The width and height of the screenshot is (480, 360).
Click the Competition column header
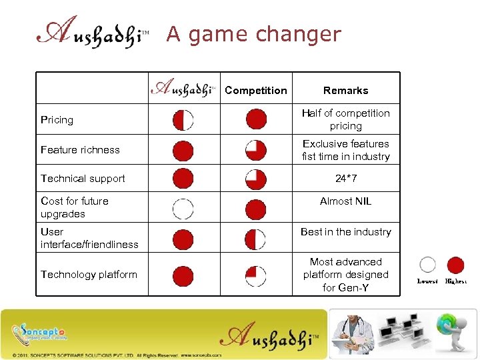click(256, 91)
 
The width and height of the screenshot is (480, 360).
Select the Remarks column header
click(345, 91)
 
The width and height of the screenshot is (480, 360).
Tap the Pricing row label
click(57, 120)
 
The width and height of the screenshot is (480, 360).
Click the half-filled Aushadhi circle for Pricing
click(183, 120)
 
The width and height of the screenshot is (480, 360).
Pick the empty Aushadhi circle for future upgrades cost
click(183, 209)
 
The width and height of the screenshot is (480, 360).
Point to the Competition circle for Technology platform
click(255, 275)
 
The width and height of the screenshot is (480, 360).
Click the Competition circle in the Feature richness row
click(255, 151)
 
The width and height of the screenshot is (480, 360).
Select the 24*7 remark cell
click(345, 179)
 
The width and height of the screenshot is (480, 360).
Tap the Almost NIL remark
click(345, 201)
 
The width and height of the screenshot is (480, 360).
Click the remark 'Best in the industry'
click(345, 232)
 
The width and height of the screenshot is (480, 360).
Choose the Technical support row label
click(83, 179)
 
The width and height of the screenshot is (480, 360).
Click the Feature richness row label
click(80, 150)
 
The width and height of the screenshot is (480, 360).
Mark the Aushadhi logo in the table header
click(183, 89)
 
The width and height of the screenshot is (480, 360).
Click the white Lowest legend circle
click(428, 265)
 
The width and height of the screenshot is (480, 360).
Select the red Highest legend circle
click(455, 265)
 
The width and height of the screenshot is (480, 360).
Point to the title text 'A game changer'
click(253, 34)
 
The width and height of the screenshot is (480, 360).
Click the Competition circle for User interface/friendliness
click(255, 239)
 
